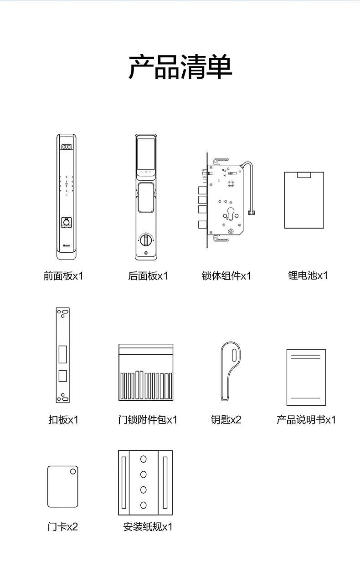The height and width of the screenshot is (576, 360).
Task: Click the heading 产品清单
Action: pyautogui.click(x=180, y=67)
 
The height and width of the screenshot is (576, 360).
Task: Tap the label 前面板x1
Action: pyautogui.click(x=63, y=276)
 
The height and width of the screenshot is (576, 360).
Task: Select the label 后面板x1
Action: pyautogui.click(x=148, y=276)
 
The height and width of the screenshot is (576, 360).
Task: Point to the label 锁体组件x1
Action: pyautogui.click(x=226, y=276)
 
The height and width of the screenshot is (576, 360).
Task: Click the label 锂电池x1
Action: pyautogui.click(x=308, y=275)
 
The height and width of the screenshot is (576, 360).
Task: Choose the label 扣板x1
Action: pyautogui.click(x=63, y=420)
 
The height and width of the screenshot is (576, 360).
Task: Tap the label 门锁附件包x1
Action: pyautogui.click(x=148, y=420)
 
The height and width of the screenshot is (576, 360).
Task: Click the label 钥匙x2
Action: pyautogui.click(x=226, y=420)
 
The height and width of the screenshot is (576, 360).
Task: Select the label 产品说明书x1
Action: pyautogui.click(x=306, y=420)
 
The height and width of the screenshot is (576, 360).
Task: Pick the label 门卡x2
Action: pyautogui.click(x=63, y=527)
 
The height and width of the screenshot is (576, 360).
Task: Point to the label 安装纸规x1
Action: pyautogui.click(x=148, y=527)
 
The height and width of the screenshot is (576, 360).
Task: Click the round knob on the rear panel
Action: pyautogui.click(x=146, y=240)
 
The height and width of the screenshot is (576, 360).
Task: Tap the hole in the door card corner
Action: pyautogui.click(x=72, y=471)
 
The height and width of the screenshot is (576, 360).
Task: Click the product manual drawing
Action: pyautogui.click(x=306, y=377)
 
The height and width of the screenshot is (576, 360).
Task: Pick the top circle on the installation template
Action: pyautogui.click(x=143, y=459)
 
